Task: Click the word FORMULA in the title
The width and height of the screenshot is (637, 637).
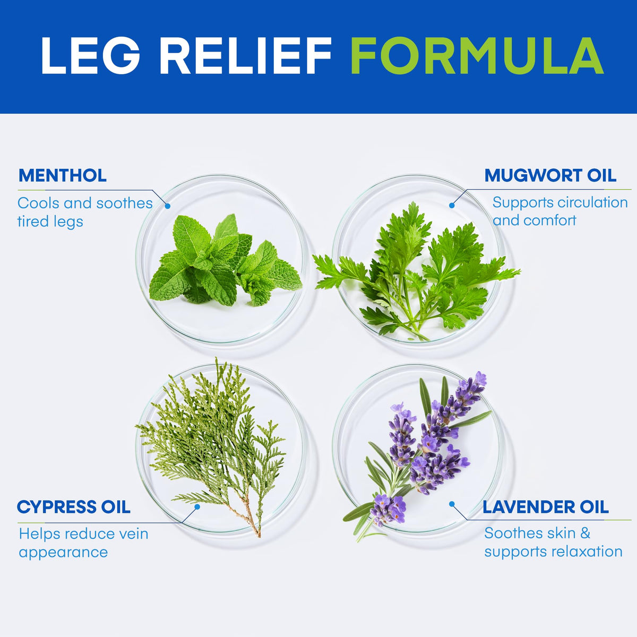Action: click(477, 56)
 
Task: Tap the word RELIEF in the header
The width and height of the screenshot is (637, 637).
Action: click(246, 56)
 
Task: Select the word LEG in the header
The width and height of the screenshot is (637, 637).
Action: click(90, 56)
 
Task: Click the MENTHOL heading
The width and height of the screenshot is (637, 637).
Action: click(63, 176)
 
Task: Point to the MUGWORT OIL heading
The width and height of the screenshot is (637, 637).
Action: click(550, 176)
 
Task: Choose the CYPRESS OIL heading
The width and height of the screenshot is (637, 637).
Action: click(74, 507)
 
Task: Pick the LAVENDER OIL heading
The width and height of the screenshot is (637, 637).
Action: click(546, 507)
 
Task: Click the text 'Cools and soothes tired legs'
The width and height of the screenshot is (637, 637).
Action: click(85, 212)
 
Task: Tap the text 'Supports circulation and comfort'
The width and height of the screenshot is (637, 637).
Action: click(560, 212)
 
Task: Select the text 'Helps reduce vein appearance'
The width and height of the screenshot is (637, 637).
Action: click(84, 543)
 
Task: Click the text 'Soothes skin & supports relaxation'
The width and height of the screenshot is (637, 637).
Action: click(553, 543)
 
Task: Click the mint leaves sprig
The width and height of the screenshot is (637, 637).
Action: click(225, 261)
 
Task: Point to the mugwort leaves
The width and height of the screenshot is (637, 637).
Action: click(417, 271)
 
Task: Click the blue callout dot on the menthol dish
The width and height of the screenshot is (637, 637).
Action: click(168, 206)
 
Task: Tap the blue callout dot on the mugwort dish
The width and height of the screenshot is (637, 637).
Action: click(452, 205)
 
